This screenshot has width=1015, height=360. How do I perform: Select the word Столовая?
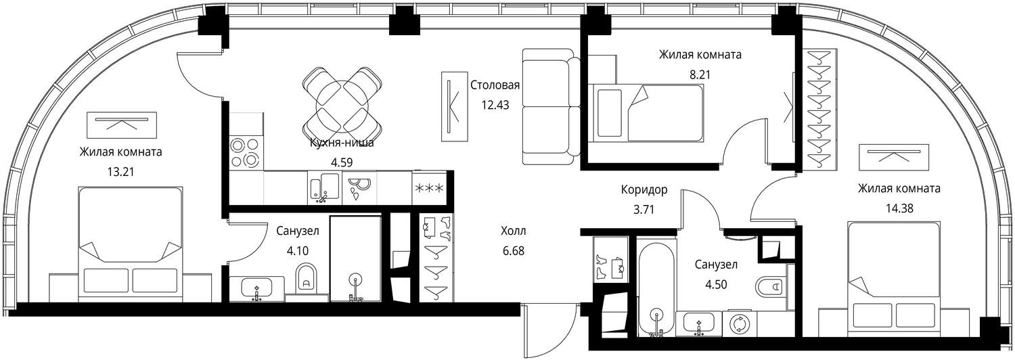495,85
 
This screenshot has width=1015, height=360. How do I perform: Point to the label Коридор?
644,189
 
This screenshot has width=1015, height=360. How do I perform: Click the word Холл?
514,231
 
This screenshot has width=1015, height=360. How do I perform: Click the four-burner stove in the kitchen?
246,153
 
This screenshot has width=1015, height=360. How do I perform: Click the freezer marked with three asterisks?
428,187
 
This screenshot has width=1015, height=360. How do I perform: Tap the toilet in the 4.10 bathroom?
307,278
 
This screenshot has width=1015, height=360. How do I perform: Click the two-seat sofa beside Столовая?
551,106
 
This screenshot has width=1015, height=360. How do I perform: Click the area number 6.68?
514,251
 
